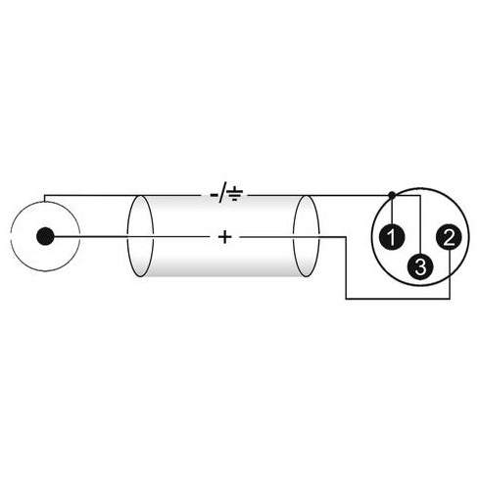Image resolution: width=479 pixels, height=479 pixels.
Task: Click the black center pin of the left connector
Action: [45, 236]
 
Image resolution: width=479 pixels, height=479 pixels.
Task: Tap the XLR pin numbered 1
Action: [392, 236]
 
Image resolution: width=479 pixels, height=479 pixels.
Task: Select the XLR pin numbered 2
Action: [450, 237]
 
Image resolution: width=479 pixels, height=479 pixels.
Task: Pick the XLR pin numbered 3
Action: [420, 265]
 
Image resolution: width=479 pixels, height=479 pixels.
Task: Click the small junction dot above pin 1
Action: [392, 195]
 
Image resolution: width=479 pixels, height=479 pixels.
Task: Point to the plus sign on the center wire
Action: [224, 237]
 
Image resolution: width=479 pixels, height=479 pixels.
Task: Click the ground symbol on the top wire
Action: [235, 194]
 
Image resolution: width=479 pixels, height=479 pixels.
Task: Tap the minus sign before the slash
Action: [215, 195]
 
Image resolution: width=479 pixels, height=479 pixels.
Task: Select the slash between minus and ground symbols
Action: [222, 195]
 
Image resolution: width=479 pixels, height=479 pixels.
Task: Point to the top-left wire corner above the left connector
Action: [44, 196]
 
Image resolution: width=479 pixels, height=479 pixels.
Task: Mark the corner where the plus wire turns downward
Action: [346, 237]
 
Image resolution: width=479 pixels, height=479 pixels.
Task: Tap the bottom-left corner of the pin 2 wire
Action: [346, 299]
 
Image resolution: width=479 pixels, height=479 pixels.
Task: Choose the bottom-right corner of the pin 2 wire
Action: [450, 299]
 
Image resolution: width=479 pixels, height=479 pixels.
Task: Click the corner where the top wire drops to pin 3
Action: [420, 196]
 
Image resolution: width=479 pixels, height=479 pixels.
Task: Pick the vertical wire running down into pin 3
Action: [420, 224]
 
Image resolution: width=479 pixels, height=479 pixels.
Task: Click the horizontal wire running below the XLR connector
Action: [398, 299]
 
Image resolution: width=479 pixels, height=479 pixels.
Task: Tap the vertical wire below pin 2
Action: [450, 274]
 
